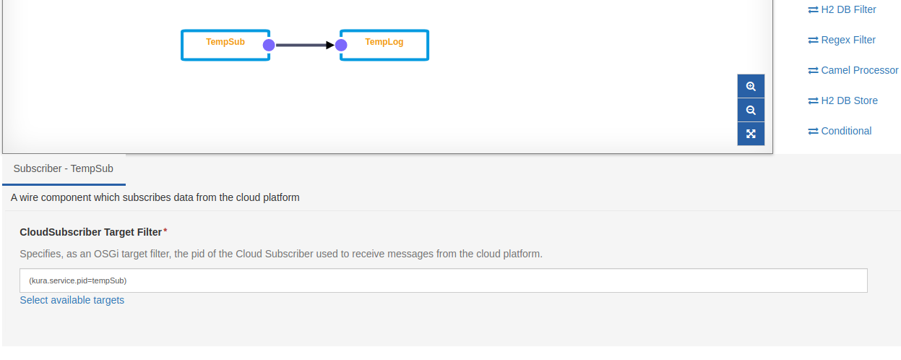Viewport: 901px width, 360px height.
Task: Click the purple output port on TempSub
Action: tap(269, 45)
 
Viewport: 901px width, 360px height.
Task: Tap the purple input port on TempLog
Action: tap(341, 45)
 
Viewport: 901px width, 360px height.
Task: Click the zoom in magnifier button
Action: tap(751, 86)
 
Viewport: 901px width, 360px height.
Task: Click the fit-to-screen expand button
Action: tap(751, 134)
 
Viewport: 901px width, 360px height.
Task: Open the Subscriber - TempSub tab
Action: tap(64, 168)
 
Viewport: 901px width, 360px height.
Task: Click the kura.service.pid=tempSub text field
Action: tap(443, 280)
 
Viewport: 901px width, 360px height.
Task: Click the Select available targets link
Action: tap(72, 300)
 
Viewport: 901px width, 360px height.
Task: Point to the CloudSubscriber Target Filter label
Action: tap(90, 232)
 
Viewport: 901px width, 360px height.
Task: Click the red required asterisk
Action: tap(165, 231)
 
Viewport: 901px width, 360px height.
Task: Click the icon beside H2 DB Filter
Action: tap(813, 9)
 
